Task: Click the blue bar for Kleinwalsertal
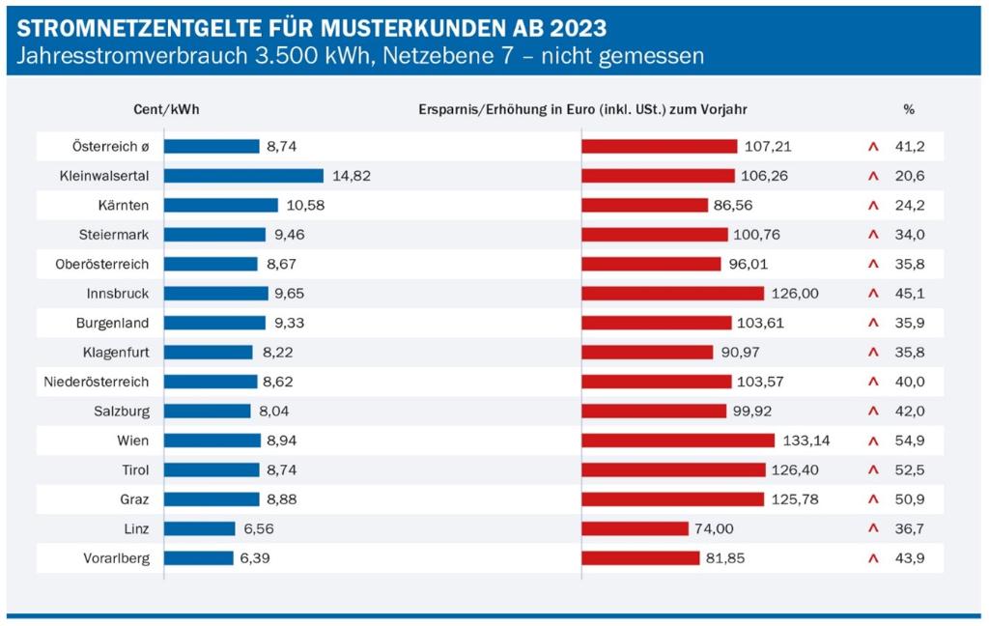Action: pyautogui.click(x=243, y=176)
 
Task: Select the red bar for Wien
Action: pyautogui.click(x=678, y=441)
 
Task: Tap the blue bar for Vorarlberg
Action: pyautogui.click(x=199, y=558)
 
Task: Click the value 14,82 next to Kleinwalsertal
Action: pyautogui.click(x=352, y=176)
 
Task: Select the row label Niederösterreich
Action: pyautogui.click(x=97, y=382)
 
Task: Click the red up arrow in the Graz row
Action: pyautogui.click(x=872, y=499)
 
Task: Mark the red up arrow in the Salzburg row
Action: pyautogui.click(x=872, y=412)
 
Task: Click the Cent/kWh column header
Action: pyautogui.click(x=166, y=110)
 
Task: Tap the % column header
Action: pyautogui.click(x=909, y=110)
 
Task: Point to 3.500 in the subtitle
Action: pyautogui.click(x=268, y=56)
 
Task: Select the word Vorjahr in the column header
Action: pyautogui.click(x=724, y=110)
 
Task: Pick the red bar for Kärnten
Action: pyautogui.click(x=644, y=205)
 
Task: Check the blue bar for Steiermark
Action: pyautogui.click(x=214, y=234)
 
